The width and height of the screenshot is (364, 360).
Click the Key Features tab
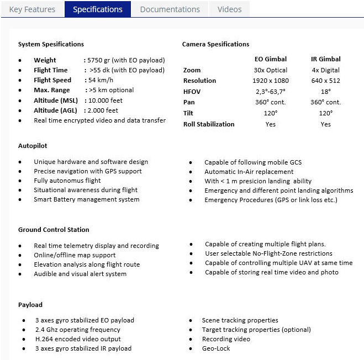pos(32,9)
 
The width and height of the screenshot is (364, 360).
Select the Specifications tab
pos(98,9)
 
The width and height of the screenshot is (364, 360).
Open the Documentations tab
pos(170,9)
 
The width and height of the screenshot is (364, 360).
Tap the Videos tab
pos(229,9)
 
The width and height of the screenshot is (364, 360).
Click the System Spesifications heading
pos(51,44)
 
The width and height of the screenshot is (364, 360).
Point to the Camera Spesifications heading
pos(215,44)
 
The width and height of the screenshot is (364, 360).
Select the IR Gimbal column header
pos(325,59)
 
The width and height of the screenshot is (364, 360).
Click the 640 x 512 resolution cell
pos(325,81)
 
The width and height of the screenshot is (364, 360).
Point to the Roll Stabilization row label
pos(209,124)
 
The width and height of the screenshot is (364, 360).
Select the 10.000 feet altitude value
pos(103,100)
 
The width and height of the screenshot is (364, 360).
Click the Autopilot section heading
pos(33,146)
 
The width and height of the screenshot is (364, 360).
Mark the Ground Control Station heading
pos(54,230)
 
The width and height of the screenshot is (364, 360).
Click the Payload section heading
pos(30,305)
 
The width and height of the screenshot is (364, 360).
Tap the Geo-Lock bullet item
pos(216,348)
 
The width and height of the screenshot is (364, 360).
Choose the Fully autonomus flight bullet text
pos(67,181)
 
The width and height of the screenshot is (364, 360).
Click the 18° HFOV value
pos(325,92)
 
